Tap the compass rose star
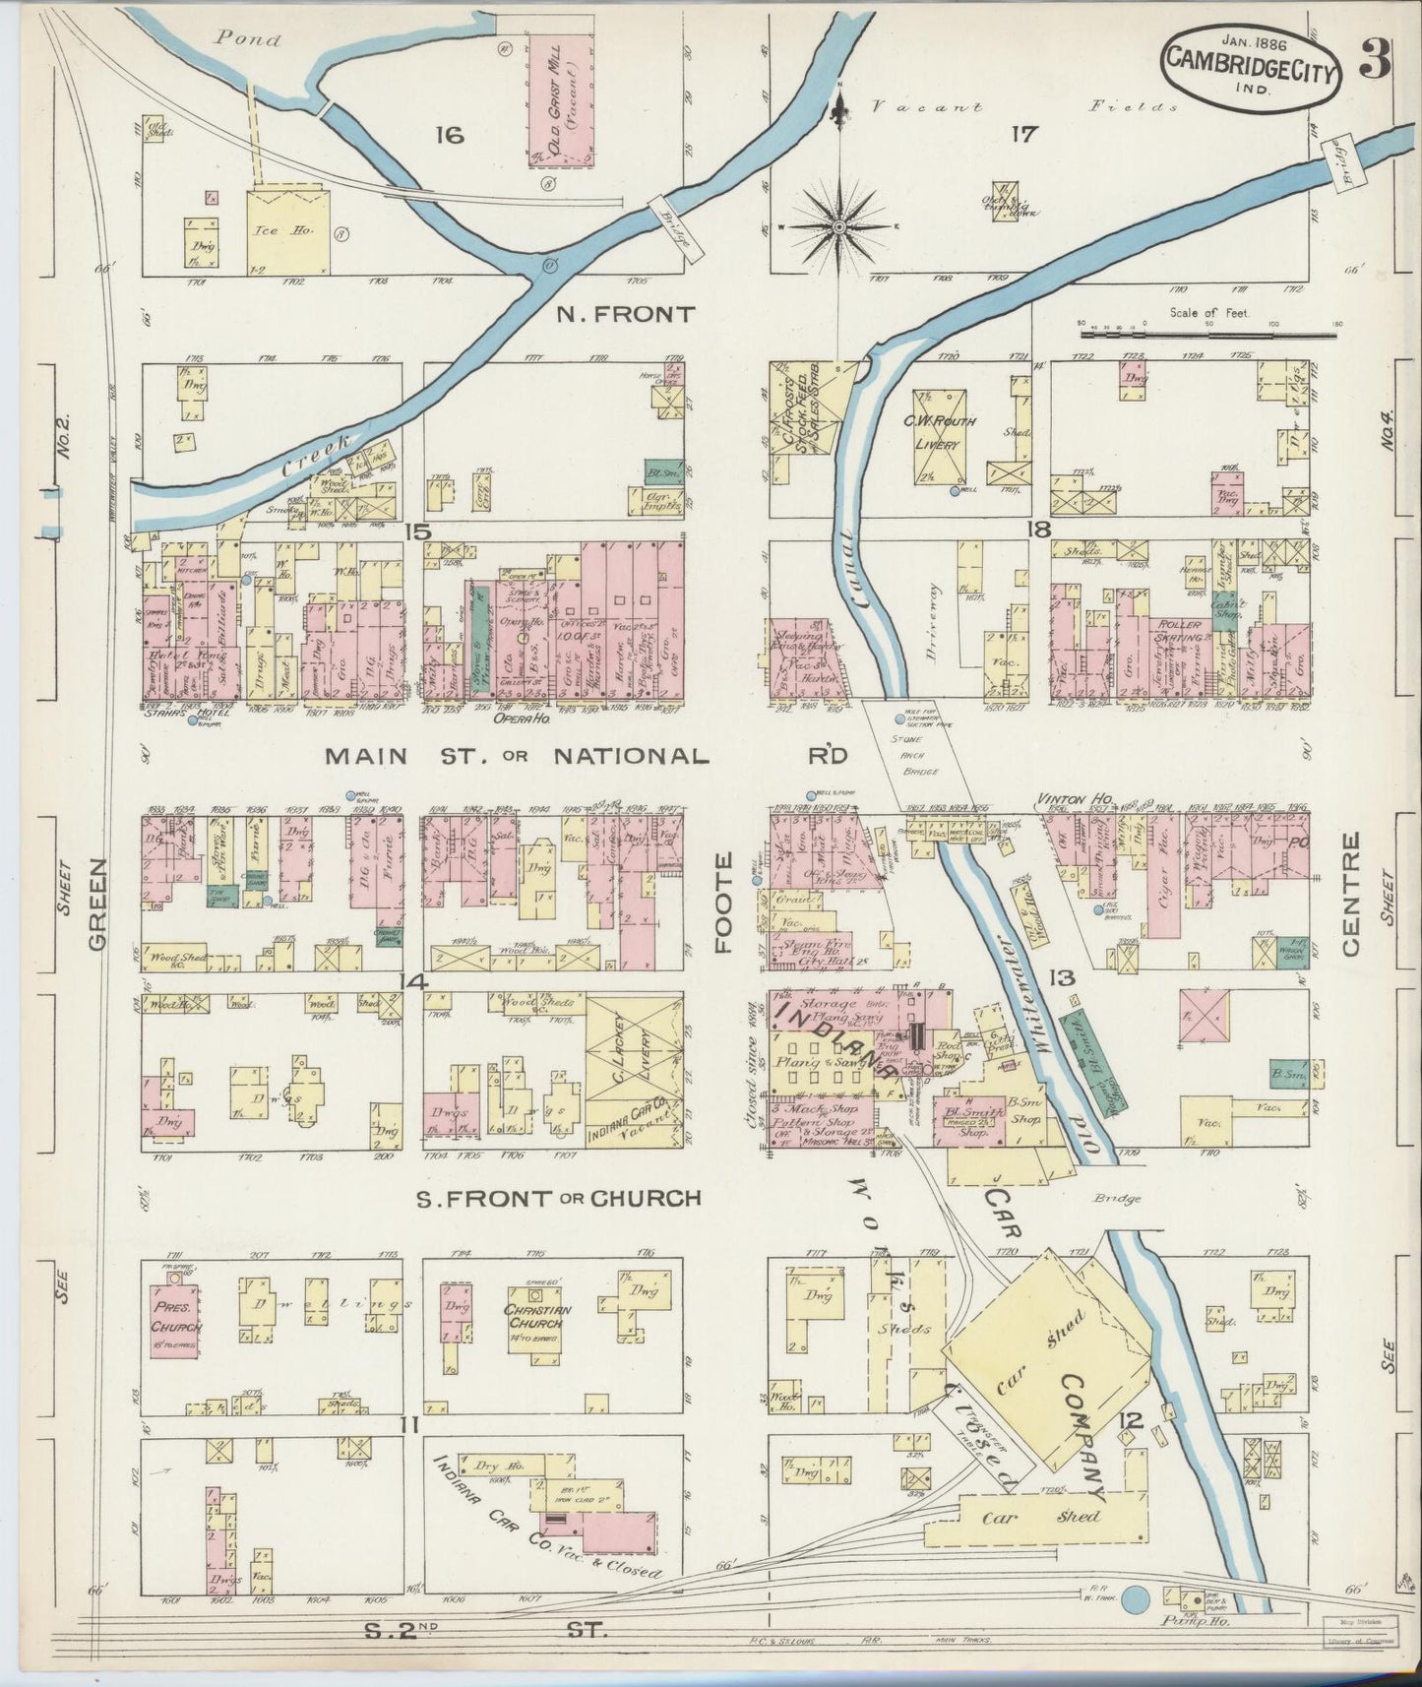(x=839, y=228)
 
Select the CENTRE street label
(x=1349, y=893)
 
